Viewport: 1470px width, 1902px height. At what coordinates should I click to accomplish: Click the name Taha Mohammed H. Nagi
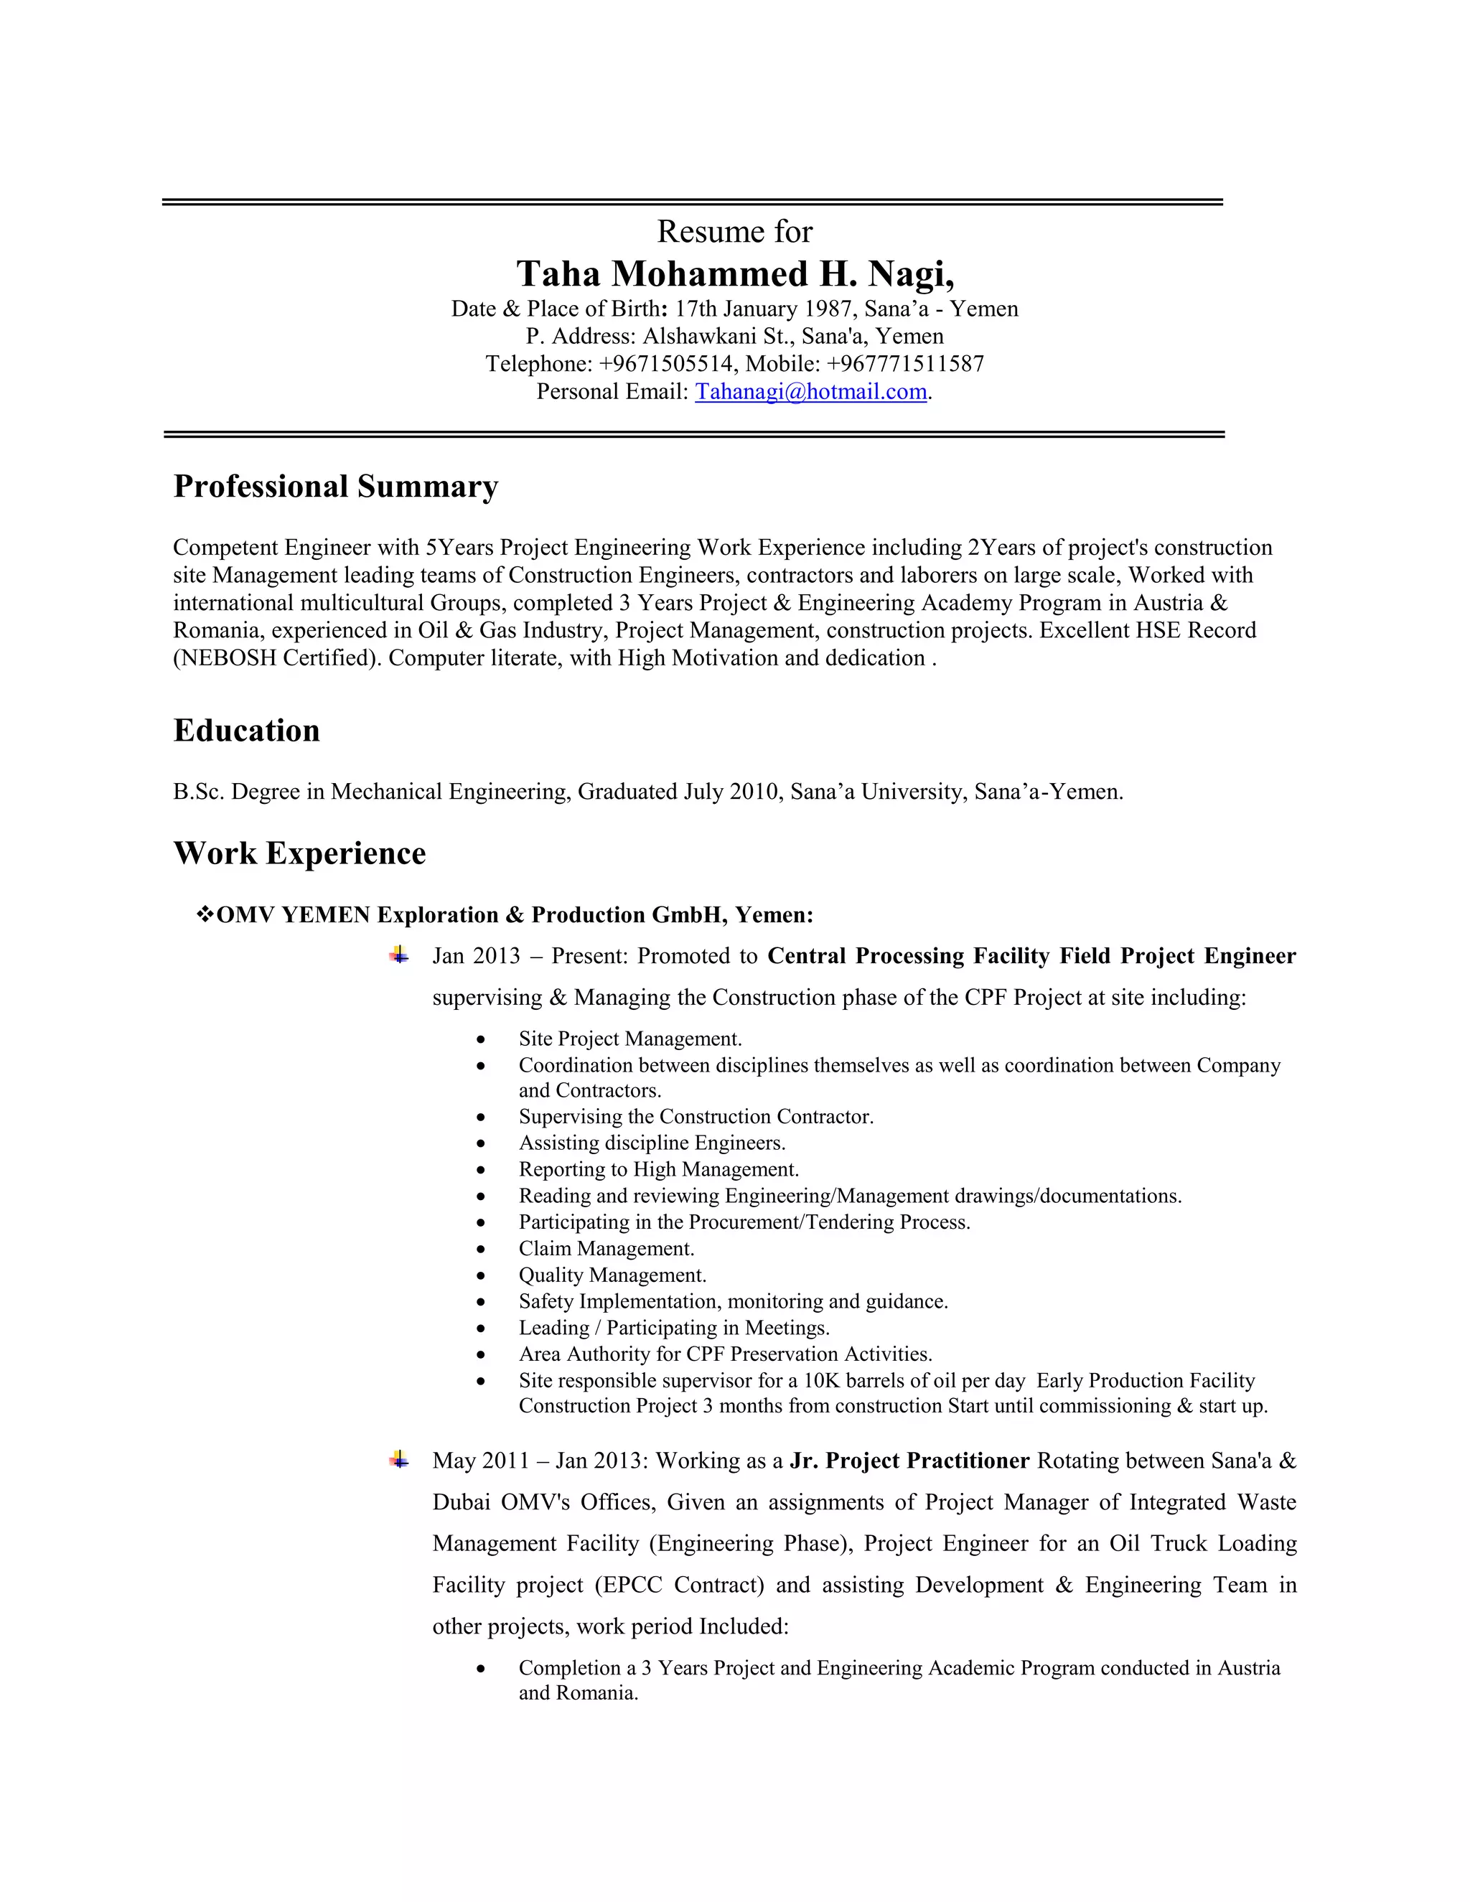(735, 274)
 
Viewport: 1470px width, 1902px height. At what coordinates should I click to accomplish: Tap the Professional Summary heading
(335, 486)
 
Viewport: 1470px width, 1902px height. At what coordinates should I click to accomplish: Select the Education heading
(246, 731)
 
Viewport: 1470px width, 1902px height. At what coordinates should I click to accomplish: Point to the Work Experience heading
(299, 853)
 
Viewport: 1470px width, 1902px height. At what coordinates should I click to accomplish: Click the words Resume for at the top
(734, 232)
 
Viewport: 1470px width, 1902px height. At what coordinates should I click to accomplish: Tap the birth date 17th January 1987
(763, 309)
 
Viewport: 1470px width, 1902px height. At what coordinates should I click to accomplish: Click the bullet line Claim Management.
(606, 1249)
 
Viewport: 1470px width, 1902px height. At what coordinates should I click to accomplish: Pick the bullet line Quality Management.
(612, 1275)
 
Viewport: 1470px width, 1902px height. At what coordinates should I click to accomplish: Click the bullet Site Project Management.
(629, 1039)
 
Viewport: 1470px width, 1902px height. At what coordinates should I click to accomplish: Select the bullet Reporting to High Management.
(658, 1170)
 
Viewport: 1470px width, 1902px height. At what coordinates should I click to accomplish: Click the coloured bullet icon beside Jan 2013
(399, 955)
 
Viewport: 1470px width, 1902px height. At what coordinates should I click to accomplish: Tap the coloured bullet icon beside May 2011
(399, 1460)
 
